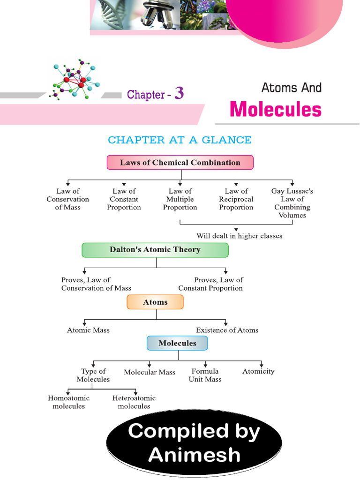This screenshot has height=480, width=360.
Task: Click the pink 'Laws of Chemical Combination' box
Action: coord(180,163)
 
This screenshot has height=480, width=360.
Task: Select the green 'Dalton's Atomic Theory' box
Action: coord(155,250)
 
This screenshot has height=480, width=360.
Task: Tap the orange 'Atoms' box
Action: coord(155,302)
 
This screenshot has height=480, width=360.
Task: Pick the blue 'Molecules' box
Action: coord(177,343)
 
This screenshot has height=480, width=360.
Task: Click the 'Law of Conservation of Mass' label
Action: coord(68,199)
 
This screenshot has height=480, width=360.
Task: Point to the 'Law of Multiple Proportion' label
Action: coord(180,199)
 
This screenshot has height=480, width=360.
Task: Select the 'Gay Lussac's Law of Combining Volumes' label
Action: coord(292,203)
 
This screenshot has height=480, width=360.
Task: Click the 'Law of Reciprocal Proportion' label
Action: coord(236,199)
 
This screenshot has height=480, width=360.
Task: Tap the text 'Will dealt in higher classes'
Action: coord(239,236)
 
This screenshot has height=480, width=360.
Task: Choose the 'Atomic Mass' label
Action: coord(88,330)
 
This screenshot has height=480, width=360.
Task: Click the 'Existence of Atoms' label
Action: coord(227,330)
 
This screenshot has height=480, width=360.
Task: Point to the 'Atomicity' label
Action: coord(258,371)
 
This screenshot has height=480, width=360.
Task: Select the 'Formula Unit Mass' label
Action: coord(205,375)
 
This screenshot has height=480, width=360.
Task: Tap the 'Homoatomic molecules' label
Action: coord(68,402)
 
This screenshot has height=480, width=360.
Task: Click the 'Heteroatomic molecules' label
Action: coord(134,402)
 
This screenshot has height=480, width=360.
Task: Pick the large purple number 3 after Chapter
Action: coord(179,93)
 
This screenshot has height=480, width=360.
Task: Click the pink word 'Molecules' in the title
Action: coord(276,110)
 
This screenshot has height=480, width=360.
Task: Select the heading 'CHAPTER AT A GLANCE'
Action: coord(180,140)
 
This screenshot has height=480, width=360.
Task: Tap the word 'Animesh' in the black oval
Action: coord(194,454)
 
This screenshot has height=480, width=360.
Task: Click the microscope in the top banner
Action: coord(157,14)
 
